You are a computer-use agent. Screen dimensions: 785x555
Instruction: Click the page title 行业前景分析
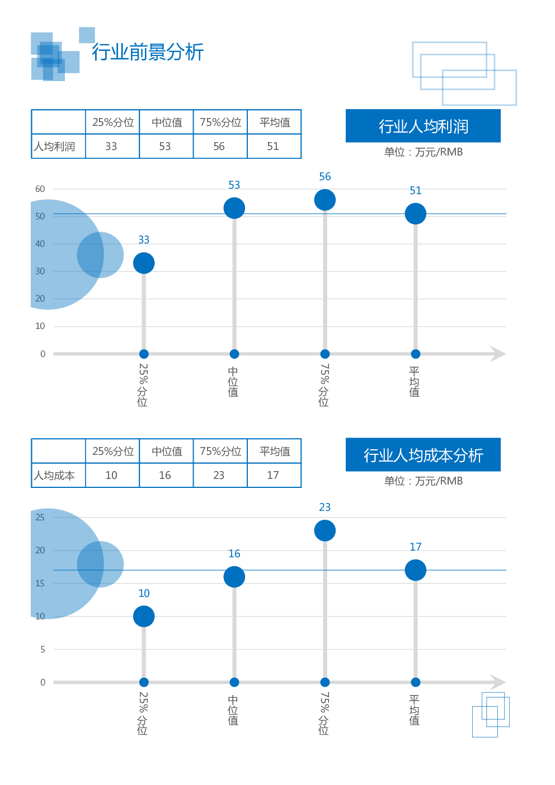(x=148, y=52)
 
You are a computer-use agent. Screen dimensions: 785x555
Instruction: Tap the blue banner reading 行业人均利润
(x=423, y=126)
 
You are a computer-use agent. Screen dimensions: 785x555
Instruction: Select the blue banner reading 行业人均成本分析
(x=423, y=455)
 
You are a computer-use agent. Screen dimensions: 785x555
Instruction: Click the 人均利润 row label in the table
(x=54, y=147)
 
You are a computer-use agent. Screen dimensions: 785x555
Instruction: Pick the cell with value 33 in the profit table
(x=111, y=147)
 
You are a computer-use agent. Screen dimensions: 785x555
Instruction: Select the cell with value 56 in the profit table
(x=219, y=147)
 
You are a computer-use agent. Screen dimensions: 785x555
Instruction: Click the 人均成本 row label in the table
(x=54, y=476)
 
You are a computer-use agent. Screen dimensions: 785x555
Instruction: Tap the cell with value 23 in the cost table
(x=219, y=476)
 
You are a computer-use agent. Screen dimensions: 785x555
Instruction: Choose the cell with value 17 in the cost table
(x=273, y=476)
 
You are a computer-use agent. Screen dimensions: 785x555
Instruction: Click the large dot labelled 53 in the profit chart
(x=234, y=208)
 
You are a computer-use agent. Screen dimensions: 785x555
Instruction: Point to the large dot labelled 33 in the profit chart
(x=144, y=263)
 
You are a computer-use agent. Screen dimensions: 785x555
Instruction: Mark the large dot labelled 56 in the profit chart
(x=325, y=200)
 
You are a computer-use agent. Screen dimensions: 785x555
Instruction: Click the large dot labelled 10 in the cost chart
(x=144, y=617)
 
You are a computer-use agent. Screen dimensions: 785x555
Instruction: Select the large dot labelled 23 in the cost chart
(x=325, y=530)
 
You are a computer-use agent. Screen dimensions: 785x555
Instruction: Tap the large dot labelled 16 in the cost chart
(x=234, y=577)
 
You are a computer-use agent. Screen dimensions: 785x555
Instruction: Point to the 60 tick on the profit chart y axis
(x=40, y=189)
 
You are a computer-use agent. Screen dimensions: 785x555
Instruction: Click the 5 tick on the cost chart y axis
(x=43, y=650)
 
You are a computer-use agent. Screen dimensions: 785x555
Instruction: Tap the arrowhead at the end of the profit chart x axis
(x=498, y=354)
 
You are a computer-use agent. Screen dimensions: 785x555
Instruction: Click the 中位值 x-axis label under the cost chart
(x=233, y=710)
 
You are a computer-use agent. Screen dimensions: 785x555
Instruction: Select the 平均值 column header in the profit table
(x=275, y=123)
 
